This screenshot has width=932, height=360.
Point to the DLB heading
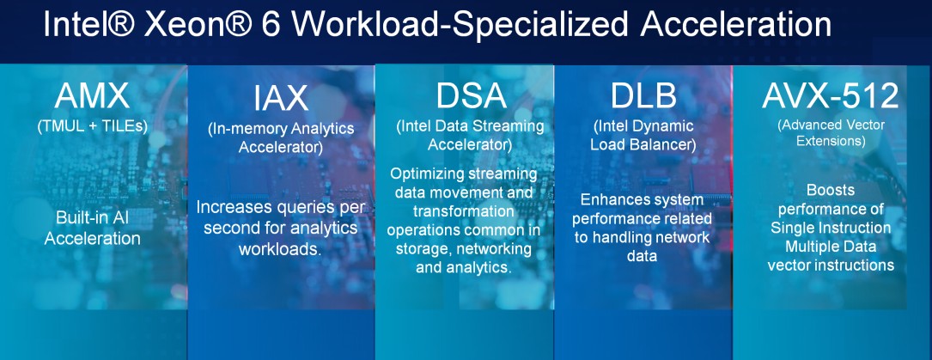click(643, 95)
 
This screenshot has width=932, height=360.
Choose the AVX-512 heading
click(831, 95)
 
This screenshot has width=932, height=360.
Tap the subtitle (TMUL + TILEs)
click(93, 126)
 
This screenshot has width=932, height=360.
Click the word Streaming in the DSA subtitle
click(506, 126)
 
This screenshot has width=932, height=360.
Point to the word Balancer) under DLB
click(657, 144)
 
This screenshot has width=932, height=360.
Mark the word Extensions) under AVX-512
click(831, 141)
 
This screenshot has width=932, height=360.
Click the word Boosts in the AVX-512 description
click(831, 189)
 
